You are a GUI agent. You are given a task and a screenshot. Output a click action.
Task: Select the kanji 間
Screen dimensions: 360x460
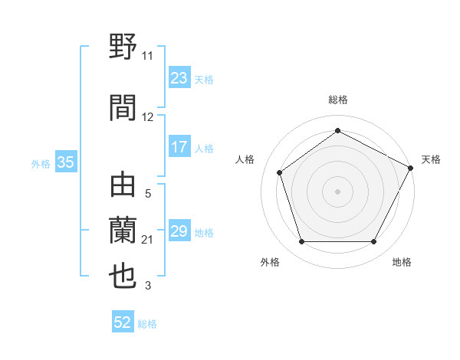coord(123,106)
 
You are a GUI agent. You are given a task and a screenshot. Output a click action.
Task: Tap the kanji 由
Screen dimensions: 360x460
coord(123,186)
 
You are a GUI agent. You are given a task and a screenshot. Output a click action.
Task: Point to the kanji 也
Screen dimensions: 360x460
coord(123,276)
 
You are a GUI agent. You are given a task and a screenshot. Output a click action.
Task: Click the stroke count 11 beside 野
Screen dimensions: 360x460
coord(147,56)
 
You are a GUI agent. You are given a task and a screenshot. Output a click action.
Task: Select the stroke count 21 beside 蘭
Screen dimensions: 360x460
coord(147,240)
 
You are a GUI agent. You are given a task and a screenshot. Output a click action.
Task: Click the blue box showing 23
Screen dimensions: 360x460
coord(179,78)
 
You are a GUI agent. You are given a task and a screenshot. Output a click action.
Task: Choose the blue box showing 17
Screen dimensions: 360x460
coord(179,148)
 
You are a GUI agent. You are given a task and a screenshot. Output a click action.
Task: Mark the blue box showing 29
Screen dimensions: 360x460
coord(179,232)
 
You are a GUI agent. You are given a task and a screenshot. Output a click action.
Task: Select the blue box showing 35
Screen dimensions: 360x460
coord(65,162)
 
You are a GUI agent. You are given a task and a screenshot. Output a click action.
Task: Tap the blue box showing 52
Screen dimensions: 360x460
coord(123,323)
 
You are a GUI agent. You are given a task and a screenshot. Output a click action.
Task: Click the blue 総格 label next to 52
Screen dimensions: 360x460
coord(147,324)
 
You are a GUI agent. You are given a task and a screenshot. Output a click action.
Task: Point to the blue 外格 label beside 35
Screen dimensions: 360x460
coord(41,163)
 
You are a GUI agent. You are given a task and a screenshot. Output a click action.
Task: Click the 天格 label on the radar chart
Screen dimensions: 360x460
coord(431,159)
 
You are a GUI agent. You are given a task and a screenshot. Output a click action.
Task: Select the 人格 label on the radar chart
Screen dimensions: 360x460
coord(245,159)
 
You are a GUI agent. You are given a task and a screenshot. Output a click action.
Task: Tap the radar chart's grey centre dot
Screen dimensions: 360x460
coord(337,191)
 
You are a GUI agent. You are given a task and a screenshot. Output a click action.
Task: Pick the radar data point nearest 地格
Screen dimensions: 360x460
coord(373,241)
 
